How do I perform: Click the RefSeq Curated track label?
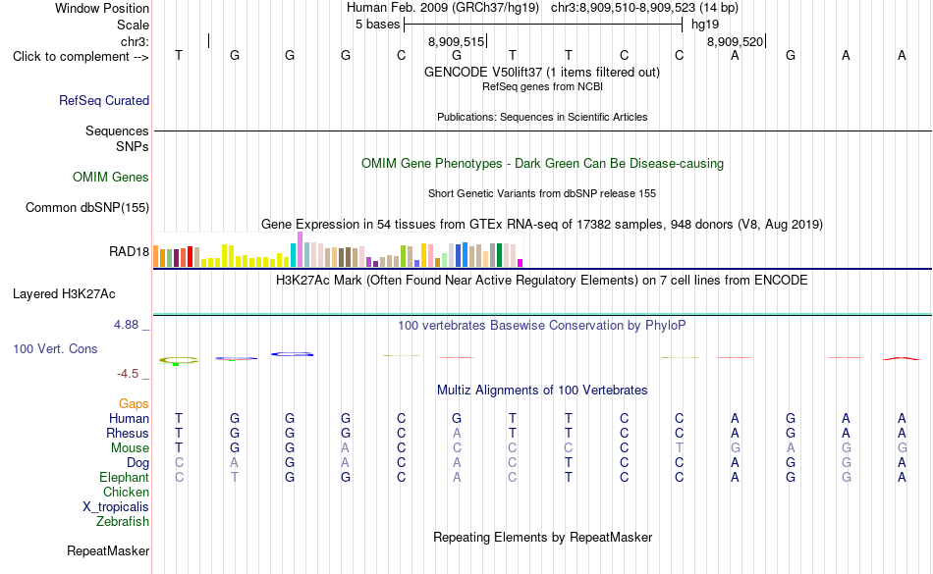(x=104, y=100)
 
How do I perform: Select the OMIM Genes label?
(x=111, y=177)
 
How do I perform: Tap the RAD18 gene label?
(x=129, y=252)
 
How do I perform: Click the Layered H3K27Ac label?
(x=64, y=294)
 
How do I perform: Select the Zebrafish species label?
(x=123, y=522)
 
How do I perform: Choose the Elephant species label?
(x=125, y=477)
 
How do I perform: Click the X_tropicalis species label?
(x=116, y=507)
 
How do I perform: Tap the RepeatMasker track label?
(x=108, y=550)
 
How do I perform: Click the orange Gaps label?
(x=134, y=404)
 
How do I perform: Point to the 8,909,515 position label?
(x=457, y=41)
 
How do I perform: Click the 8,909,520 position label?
(x=735, y=41)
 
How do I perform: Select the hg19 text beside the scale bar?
(x=705, y=25)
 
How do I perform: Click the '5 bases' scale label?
(x=378, y=25)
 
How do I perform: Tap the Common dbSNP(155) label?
(x=87, y=207)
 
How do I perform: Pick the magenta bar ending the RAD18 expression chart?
(x=521, y=263)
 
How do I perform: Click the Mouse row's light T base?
(x=679, y=448)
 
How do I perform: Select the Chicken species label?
(x=126, y=492)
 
